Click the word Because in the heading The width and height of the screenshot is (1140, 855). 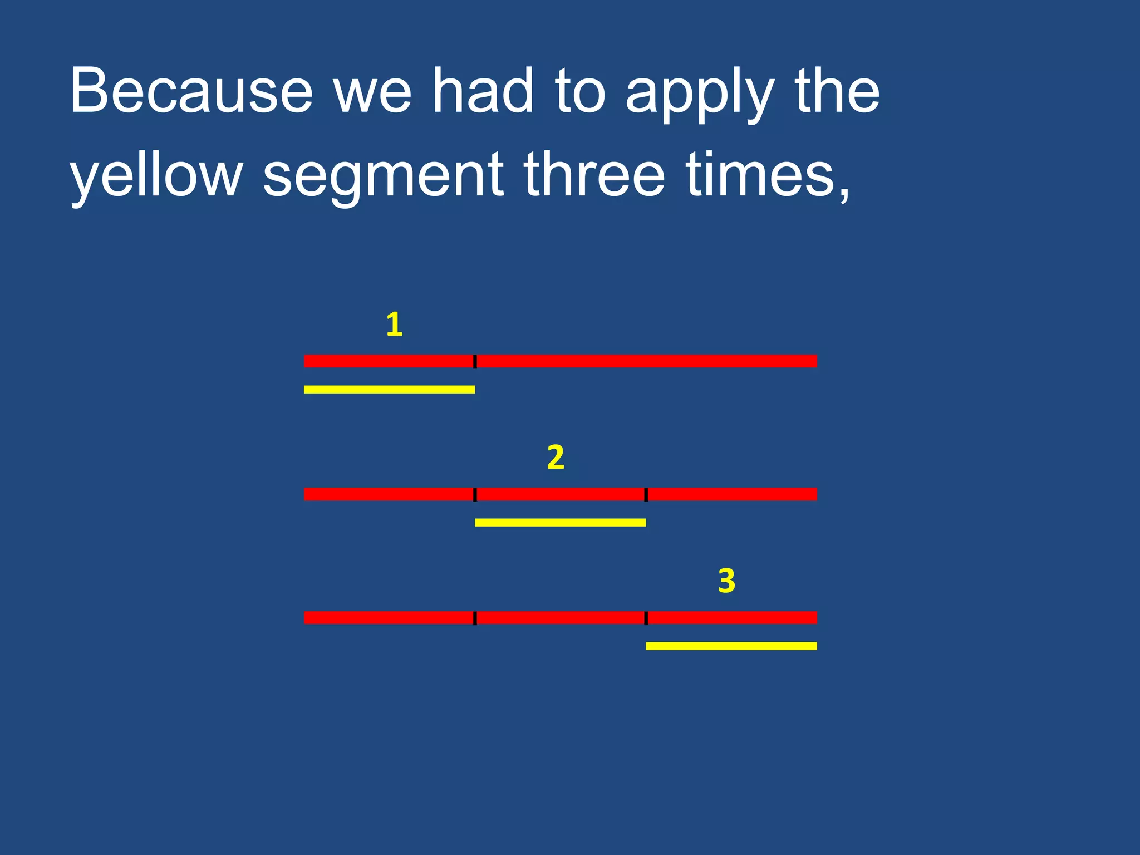(191, 91)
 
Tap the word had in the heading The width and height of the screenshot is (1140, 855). (483, 91)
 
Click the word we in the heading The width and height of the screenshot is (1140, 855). (372, 95)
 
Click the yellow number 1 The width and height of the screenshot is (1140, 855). (394, 325)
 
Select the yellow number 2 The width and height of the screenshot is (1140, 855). (556, 458)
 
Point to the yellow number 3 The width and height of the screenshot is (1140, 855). (726, 581)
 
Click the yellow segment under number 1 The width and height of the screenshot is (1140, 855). (389, 390)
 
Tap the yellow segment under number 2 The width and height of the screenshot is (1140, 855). (560, 522)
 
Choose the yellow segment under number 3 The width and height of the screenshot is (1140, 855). (731, 646)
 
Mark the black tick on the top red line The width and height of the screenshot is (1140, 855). (475, 361)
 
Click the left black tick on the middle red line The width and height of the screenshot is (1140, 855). (475, 494)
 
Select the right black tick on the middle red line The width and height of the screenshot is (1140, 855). (646, 494)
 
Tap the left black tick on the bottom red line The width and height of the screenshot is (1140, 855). (475, 618)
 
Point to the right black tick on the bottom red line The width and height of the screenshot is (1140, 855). (646, 618)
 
